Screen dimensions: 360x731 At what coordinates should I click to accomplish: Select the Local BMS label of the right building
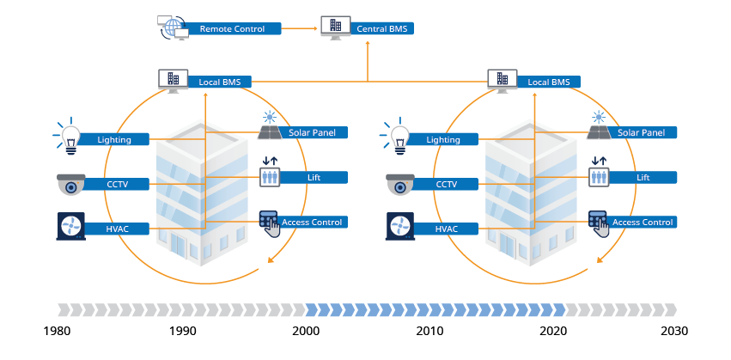[548, 82]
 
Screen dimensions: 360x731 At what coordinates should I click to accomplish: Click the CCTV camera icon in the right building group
[399, 184]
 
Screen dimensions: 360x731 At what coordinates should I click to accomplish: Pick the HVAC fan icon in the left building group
[70, 227]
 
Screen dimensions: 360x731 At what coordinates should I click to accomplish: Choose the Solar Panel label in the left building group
[313, 133]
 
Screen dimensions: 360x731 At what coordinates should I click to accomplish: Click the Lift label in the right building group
[643, 178]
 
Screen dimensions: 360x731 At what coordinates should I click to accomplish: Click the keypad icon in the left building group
[270, 223]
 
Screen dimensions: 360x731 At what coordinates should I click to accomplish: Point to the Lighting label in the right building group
[444, 139]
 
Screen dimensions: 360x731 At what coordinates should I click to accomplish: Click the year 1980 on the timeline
[58, 331]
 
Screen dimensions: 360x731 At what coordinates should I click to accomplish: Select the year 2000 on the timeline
[306, 331]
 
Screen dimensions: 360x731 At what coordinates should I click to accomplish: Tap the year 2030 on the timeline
[675, 331]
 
